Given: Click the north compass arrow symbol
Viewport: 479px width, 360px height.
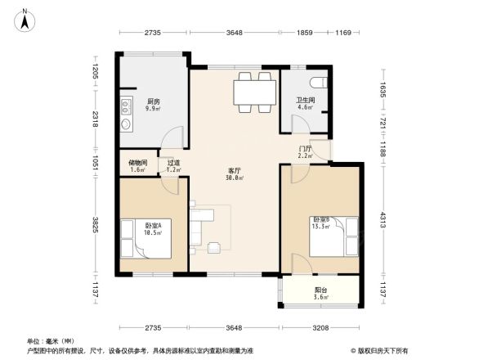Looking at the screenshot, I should pyautogui.click(x=25, y=19).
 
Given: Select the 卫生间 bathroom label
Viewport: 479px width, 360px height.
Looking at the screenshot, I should pyautogui.click(x=305, y=101).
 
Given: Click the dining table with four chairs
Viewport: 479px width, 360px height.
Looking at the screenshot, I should pyautogui.click(x=253, y=92).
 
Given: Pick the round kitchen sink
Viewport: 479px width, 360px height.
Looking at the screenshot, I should pyautogui.click(x=126, y=124).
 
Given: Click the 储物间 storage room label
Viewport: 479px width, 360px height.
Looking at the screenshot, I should pyautogui.click(x=137, y=163).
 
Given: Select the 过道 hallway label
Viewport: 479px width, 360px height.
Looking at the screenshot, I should pyautogui.click(x=173, y=163).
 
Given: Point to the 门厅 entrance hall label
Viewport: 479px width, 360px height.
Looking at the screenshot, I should pyautogui.click(x=305, y=148).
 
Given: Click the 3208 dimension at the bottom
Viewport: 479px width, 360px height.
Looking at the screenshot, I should pyautogui.click(x=320, y=328).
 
